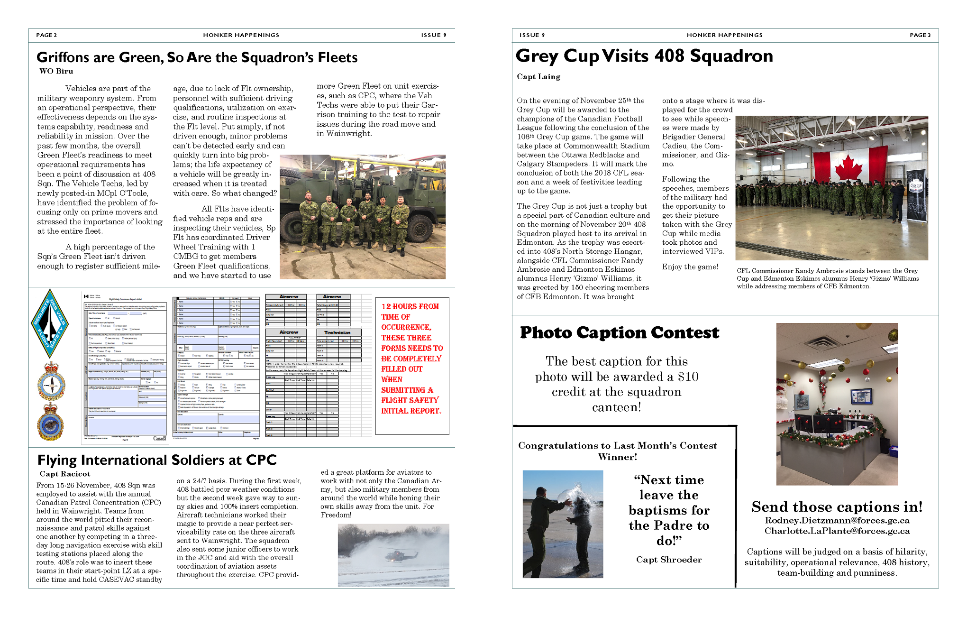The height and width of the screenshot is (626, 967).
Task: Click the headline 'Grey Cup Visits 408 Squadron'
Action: pyautogui.click(x=644, y=56)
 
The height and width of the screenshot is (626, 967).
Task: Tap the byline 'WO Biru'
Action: pyautogui.click(x=56, y=71)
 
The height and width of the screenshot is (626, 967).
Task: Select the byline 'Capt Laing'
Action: pyautogui.click(x=538, y=76)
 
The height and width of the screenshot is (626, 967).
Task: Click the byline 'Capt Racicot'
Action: pyautogui.click(x=65, y=474)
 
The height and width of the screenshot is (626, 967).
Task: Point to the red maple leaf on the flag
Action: pyautogui.click(x=848, y=168)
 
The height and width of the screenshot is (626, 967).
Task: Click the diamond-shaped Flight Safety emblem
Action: pyautogui.click(x=49, y=323)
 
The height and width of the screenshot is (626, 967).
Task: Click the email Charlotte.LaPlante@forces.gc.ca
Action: pyautogui.click(x=837, y=531)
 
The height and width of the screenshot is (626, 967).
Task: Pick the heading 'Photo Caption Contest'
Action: pyautogui.click(x=619, y=332)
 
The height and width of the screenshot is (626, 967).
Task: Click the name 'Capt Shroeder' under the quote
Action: pyautogui.click(x=669, y=560)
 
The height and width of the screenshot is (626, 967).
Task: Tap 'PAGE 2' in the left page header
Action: pyautogui.click(x=46, y=35)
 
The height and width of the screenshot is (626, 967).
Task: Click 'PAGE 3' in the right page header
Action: pyautogui.click(x=920, y=35)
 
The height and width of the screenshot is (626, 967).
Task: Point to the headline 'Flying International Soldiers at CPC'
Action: pyautogui.click(x=157, y=460)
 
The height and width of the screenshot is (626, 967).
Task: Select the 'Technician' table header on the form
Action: pyautogui.click(x=337, y=332)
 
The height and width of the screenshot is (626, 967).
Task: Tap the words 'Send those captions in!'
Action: pyautogui.click(x=837, y=507)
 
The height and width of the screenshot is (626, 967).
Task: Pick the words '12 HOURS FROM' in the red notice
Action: pyautogui.click(x=410, y=306)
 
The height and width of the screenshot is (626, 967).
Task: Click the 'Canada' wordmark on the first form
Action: pyautogui.click(x=160, y=438)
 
